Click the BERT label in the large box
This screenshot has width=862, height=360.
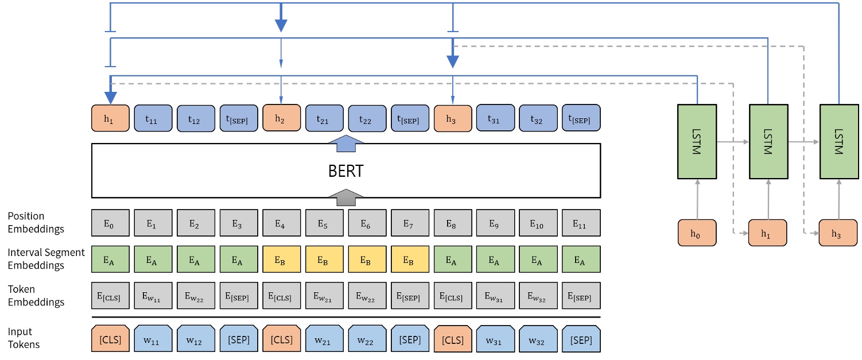(x=345, y=171)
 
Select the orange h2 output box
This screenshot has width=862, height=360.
(x=281, y=119)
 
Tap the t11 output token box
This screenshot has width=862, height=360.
(x=153, y=119)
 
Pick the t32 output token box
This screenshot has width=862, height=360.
(x=538, y=119)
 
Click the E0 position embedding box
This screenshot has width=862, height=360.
(x=110, y=223)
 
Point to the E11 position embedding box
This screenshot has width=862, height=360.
(x=581, y=223)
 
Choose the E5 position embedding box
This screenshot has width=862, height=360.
(x=324, y=223)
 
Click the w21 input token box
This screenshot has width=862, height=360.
(x=324, y=339)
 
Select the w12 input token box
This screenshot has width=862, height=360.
(x=196, y=339)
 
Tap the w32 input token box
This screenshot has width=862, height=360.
(x=538, y=339)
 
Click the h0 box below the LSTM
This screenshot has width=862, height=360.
(x=697, y=233)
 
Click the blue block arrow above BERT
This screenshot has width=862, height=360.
(x=346, y=144)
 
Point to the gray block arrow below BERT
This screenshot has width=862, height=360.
(x=346, y=197)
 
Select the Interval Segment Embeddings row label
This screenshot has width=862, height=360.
(x=46, y=259)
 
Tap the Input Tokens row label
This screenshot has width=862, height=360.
(x=24, y=338)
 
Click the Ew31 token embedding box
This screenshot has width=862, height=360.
(x=495, y=296)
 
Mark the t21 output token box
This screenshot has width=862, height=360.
(x=324, y=119)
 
